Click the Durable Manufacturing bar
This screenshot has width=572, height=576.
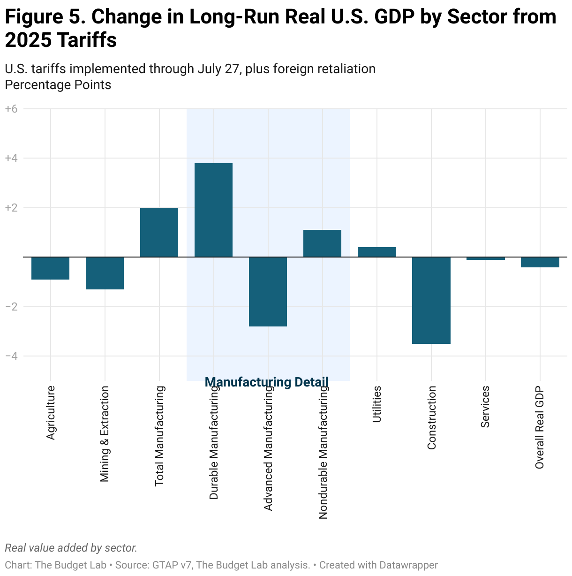coord(213,210)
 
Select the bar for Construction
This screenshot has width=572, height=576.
coord(431,300)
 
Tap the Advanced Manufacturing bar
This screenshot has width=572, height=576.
coord(268,291)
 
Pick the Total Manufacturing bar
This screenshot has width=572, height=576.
coord(159,232)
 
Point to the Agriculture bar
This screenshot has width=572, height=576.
coord(50,268)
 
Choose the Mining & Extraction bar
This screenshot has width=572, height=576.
coord(105,273)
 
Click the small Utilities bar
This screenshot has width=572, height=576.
coord(376,252)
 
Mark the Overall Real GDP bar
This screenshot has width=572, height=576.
coord(540,262)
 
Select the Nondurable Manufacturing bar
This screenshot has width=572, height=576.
coord(322,243)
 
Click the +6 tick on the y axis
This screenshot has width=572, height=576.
coord(11,109)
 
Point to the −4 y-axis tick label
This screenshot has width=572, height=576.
coord(11,356)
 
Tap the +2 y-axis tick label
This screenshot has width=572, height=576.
coord(11,208)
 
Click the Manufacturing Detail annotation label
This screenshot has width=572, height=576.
coord(267,382)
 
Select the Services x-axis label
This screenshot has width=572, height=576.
coord(485,406)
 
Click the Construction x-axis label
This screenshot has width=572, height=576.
coord(432,417)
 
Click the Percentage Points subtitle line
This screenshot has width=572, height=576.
coord(58,85)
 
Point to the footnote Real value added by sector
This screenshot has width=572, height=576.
coord(71,548)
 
